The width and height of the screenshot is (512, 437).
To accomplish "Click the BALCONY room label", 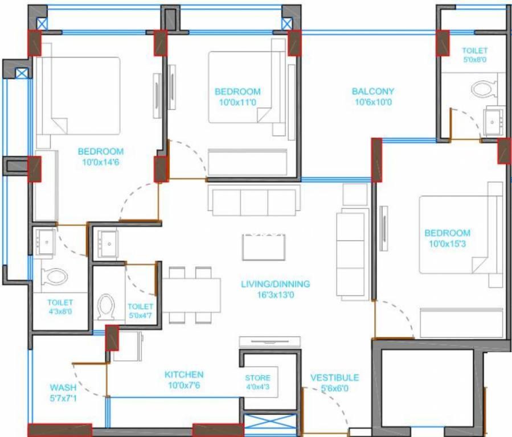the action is pos(373,91).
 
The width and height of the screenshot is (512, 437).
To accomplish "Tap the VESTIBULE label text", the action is pos(335,378).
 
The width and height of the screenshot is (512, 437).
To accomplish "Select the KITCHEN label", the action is pos(184,374).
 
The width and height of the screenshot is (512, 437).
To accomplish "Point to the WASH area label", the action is pos(63,387).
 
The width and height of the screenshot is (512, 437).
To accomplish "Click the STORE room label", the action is pos(257,378).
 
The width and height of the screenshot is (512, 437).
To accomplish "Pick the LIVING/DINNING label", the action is pos(276,284).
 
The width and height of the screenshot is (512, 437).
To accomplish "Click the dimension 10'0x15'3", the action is pos(447,244).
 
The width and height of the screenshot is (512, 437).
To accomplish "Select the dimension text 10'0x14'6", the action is pos(101,162).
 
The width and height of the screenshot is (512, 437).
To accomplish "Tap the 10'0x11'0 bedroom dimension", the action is pos(237,102).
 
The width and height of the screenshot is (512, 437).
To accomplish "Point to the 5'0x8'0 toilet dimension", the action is pos(475,59).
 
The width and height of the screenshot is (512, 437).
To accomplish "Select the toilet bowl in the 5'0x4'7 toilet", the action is pos(106,307).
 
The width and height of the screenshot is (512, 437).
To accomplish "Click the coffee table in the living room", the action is pos(264,247).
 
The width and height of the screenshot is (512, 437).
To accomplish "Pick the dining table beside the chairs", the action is pos(191,295).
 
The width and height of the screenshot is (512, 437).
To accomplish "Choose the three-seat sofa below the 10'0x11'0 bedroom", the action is pos(254,200).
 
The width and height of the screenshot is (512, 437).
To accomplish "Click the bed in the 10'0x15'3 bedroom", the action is pos(460,235).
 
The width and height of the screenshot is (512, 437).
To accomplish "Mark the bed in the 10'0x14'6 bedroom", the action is pos(77,96).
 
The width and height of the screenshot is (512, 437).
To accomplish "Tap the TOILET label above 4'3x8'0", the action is pos(60,303).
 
